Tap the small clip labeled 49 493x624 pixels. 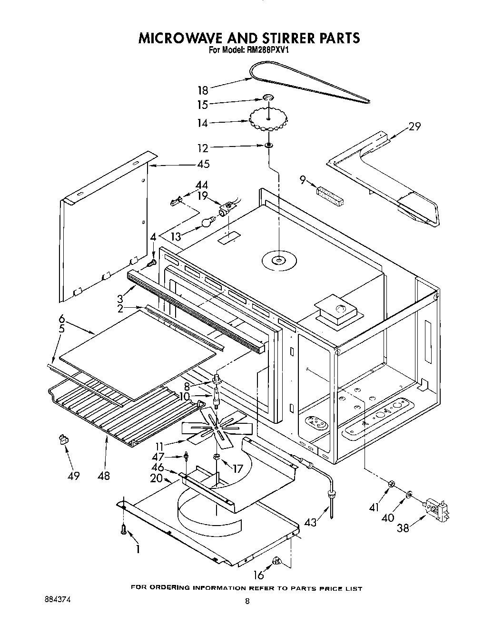coord(61,439)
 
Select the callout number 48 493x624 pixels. coord(103,475)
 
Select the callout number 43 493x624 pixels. coord(310,522)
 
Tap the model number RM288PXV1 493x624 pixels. coord(264,49)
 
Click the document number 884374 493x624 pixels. coord(56,600)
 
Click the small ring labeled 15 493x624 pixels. coord(268,98)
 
